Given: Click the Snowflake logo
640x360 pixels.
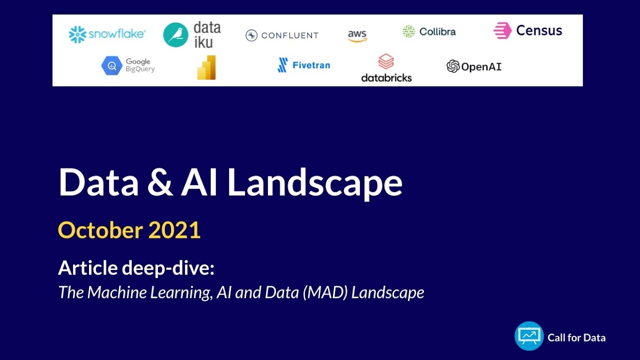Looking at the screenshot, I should pos(107,34).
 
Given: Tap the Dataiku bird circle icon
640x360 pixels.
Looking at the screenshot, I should pos(175,35).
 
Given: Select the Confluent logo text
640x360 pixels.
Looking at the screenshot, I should pos(289,35).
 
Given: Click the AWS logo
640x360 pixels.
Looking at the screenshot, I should pos(357,35).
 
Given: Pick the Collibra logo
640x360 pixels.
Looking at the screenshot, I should pos(429,32).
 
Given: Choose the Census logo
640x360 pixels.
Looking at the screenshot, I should pos(527,31).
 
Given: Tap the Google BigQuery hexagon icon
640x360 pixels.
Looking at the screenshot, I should pos(111,65).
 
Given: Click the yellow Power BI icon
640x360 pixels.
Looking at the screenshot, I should pos(206,67).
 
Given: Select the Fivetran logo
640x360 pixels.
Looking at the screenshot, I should pos(303,65).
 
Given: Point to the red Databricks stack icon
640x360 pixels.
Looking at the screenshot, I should pos(385,62).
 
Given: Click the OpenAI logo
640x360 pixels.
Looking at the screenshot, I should pos(473,66).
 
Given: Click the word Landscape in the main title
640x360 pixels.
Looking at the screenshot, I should pos(314,183).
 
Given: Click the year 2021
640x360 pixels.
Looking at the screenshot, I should pos(174,230).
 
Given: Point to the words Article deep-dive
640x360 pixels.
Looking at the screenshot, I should pos(136,268).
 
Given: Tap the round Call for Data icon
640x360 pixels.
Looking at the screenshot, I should pos(529,336).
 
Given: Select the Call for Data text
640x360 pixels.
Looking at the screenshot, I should pos(576,338).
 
